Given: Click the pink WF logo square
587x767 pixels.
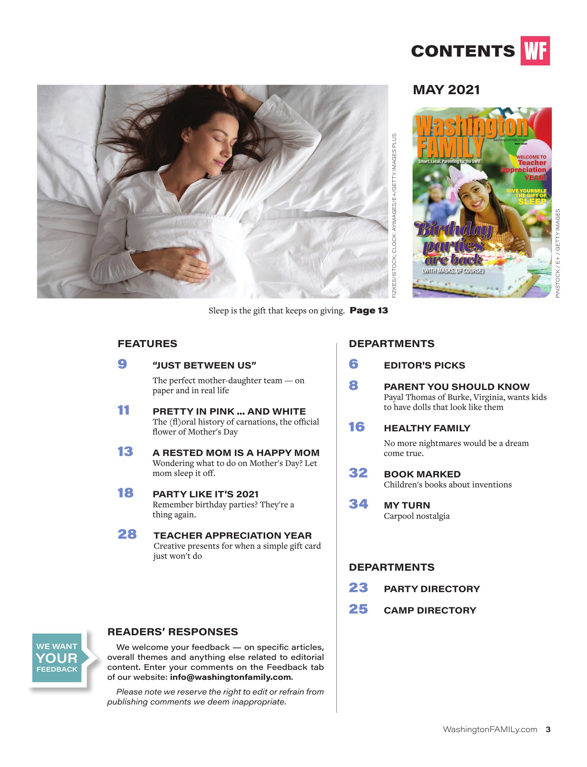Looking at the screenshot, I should coord(535,51).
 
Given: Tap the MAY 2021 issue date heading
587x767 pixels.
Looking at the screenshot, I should coord(446,90).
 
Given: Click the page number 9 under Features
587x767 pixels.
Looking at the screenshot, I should coord(122,364).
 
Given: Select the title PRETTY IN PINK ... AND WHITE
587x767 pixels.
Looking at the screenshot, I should coord(229,411).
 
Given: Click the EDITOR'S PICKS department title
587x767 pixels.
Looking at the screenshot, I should coord(424,365).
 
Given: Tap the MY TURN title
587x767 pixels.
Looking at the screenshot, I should coord(407,505).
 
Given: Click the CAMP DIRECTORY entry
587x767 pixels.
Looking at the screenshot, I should coord(430,610).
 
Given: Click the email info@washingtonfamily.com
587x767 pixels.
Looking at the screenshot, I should coord(231,677).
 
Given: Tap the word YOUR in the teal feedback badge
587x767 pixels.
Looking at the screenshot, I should coord(57,658).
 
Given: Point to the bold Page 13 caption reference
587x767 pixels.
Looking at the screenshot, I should coord(369,310).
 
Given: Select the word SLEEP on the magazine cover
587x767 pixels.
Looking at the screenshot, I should coord(532,202).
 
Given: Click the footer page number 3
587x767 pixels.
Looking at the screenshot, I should coord(548,729).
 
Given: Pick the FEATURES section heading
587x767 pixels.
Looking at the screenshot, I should coord(147,344).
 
